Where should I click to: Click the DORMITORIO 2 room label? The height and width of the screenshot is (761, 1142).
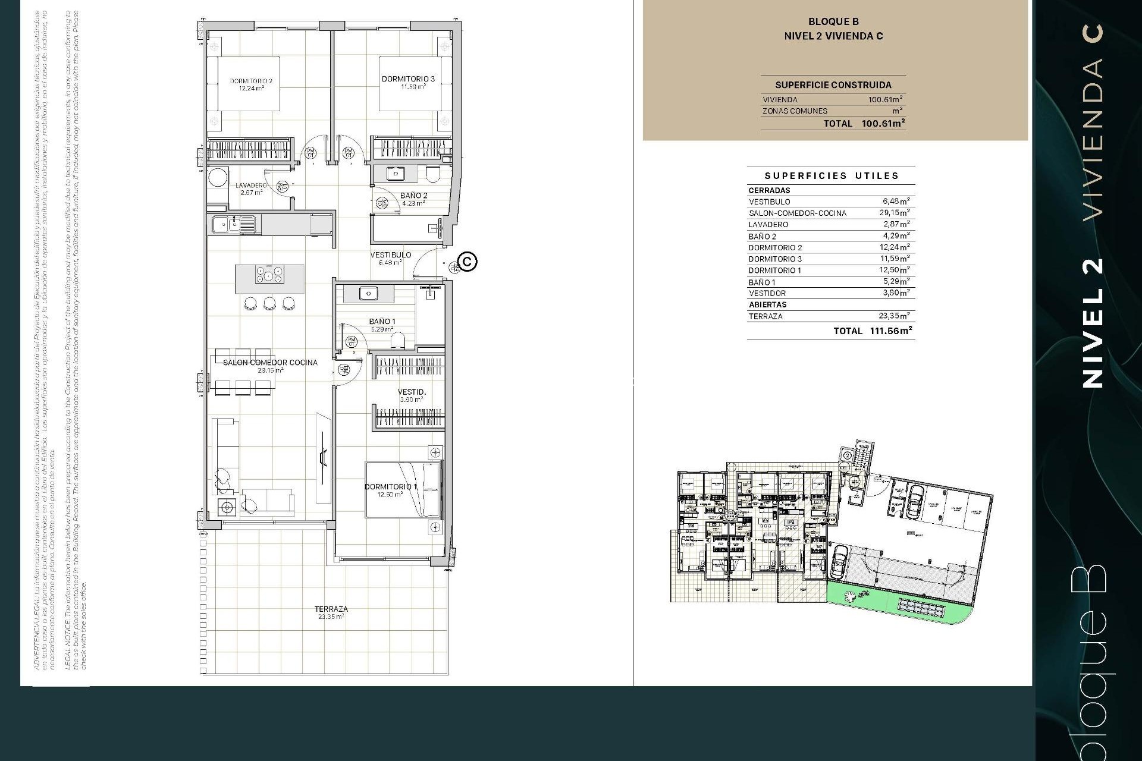pos(251,81)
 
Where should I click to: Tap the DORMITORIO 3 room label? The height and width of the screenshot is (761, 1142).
pos(408,78)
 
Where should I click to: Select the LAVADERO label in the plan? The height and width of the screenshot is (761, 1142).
pos(250,185)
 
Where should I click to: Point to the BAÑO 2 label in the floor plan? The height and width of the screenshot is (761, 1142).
pos(413,196)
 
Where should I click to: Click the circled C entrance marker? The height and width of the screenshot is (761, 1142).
pos(468,262)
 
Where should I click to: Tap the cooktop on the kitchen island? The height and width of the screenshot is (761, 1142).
pos(269,275)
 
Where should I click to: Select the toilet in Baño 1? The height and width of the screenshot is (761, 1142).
pos(398,340)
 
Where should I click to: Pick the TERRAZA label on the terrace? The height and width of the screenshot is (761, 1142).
pos(331,609)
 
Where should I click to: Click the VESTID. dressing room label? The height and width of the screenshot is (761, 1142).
pos(412,392)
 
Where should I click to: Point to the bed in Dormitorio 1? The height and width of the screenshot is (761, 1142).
pos(403,489)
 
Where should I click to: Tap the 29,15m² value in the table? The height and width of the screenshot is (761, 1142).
pos(894,213)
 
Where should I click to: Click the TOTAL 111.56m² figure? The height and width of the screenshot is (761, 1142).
pos(890,331)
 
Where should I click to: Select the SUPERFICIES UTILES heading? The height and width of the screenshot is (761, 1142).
pos(831,175)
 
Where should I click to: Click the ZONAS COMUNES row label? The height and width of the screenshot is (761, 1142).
pos(795,111)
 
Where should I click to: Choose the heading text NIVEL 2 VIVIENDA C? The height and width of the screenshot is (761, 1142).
pos(833,36)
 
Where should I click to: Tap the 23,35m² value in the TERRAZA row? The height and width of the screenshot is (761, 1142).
pos(894,316)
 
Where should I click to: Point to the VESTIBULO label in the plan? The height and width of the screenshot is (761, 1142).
pos(390,254)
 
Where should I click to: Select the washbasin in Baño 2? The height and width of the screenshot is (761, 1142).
pos(395,174)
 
